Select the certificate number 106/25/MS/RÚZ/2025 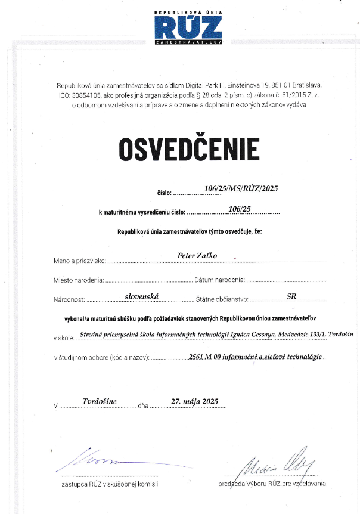point(241,189)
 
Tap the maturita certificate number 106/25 point(240,209)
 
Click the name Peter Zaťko point(198,255)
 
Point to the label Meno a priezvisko point(79,261)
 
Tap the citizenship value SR point(291,295)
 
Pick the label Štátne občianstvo point(222,299)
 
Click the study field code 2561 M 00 point(204,356)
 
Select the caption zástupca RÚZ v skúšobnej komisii point(110,484)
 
